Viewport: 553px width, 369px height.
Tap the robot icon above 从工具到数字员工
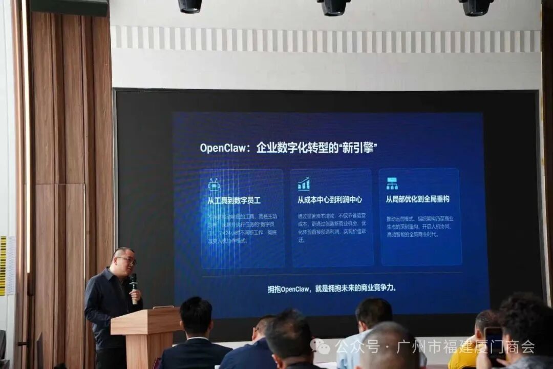tap(214, 184)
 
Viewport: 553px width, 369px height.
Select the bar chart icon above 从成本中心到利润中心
tap(304, 184)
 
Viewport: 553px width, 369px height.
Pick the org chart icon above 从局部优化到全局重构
tap(392, 183)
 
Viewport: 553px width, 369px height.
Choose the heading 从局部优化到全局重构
tap(417, 199)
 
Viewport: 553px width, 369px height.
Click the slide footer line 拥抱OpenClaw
tap(332, 288)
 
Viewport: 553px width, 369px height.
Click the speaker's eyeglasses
tap(127, 260)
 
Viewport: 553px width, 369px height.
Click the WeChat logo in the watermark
tap(321, 347)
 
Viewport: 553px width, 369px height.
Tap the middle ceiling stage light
tap(334, 7)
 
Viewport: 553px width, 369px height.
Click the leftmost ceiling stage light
tap(190, 6)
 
